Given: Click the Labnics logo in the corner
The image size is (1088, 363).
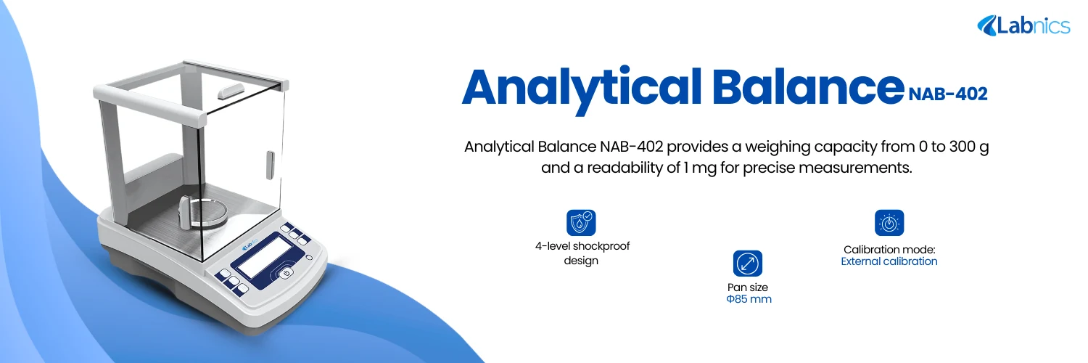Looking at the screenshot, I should (x=1023, y=26).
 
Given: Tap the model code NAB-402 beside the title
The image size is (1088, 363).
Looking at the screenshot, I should (x=947, y=94).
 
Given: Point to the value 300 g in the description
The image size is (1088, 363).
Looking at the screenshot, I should (x=967, y=147).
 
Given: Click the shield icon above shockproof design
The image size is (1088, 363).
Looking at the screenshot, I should (x=581, y=223).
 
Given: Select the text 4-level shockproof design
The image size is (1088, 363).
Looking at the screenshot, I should (x=582, y=253).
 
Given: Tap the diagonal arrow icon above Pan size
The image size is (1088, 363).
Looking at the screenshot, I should (x=748, y=264).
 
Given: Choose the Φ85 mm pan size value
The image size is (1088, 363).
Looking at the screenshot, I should (x=749, y=299).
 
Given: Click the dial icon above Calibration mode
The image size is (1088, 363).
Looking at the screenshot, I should (x=889, y=223).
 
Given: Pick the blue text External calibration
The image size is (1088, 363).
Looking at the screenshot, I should (x=889, y=261).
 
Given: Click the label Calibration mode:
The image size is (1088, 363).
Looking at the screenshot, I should (x=889, y=249).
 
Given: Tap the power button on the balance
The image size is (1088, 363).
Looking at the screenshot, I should (x=287, y=273).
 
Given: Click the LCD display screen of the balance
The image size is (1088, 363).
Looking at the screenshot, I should (x=267, y=256).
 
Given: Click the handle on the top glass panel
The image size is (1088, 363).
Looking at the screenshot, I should (x=231, y=91).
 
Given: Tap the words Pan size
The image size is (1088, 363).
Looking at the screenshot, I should (x=748, y=287).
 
